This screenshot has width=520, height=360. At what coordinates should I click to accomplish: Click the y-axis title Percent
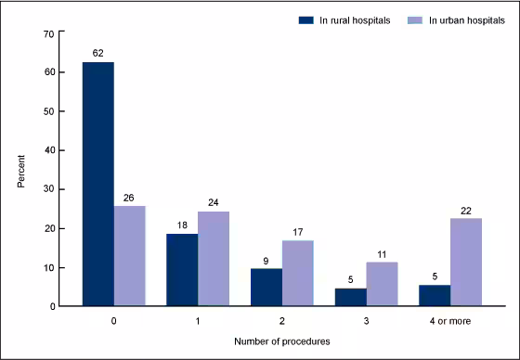coord(20,170)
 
